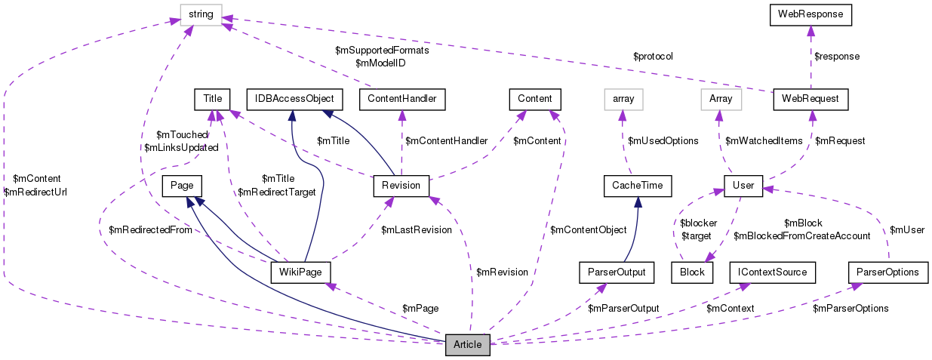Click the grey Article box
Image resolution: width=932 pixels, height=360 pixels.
point(468,345)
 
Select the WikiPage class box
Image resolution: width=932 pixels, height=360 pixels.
point(300,272)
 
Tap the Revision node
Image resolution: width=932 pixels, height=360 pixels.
point(401,186)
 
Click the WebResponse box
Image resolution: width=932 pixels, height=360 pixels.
point(810,14)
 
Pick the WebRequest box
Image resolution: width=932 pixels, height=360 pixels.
point(811,98)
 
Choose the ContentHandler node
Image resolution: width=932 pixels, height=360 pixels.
point(401,98)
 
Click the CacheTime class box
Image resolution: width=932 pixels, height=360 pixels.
point(637,186)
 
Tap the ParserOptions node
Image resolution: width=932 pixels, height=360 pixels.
point(887,272)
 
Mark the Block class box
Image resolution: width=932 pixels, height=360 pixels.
point(691,272)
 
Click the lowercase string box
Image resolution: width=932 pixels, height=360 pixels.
point(202,14)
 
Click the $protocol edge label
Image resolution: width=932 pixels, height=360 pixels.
point(653,57)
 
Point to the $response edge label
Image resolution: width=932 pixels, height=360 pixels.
point(837,56)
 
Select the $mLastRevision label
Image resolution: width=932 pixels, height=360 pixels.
point(416,229)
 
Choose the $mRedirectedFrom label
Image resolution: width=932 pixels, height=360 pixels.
point(150,229)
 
